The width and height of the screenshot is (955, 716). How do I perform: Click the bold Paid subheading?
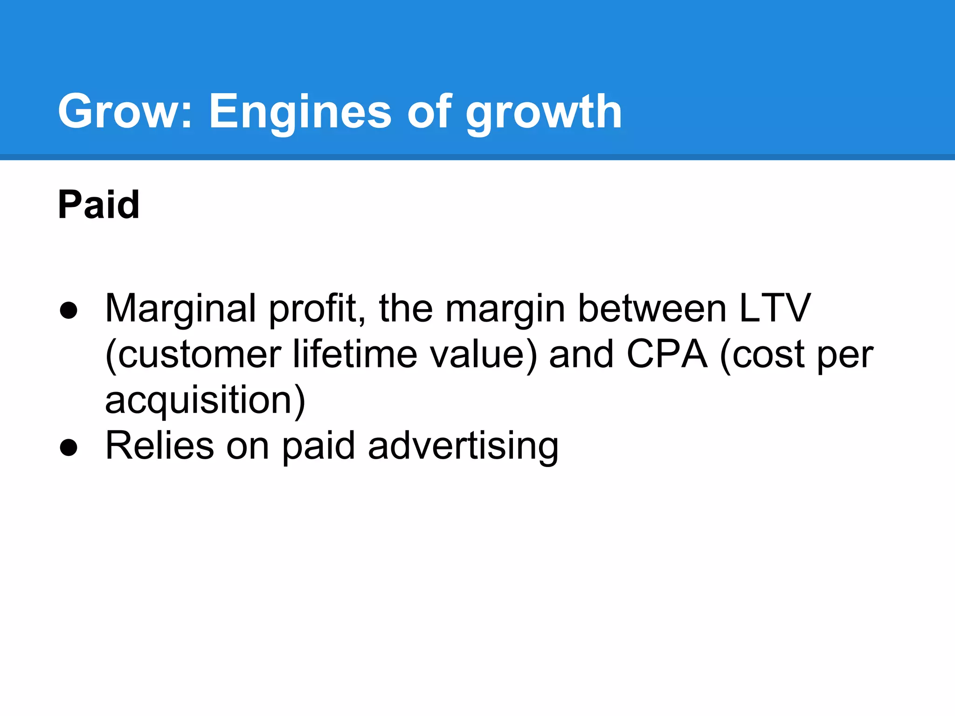98,205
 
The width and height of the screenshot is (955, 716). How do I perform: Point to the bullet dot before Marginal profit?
69,310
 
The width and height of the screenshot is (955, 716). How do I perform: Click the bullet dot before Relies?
69,447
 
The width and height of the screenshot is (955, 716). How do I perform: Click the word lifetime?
355,354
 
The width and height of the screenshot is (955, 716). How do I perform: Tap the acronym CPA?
666,354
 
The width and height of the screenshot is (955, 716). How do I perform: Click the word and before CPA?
581,354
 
